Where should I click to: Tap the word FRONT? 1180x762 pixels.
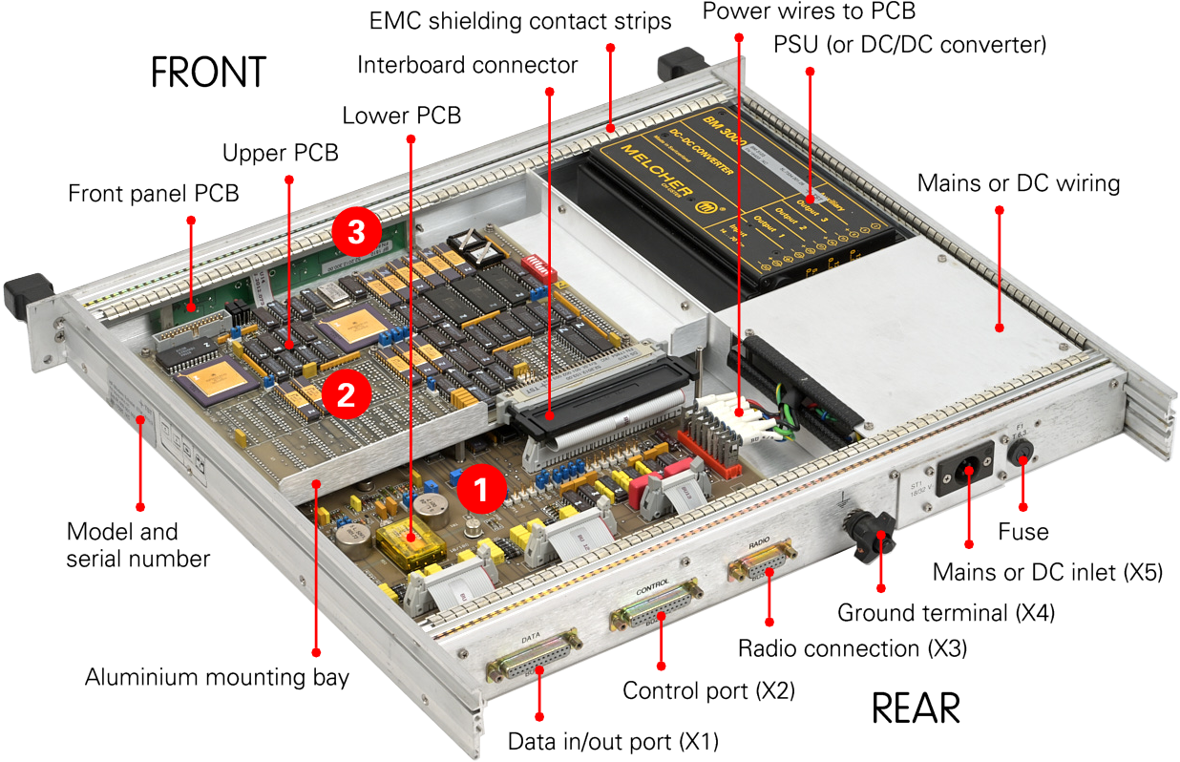208,74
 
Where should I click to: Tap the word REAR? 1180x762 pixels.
916,709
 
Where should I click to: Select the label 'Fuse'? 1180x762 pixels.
1022,532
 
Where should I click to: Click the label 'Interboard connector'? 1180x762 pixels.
468,65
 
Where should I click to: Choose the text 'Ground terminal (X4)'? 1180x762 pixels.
946,612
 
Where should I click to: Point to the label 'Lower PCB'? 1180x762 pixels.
401,116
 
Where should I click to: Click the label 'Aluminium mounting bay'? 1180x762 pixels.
217,678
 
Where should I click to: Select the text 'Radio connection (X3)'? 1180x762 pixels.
853,648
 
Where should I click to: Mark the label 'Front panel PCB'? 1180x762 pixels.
154,193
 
